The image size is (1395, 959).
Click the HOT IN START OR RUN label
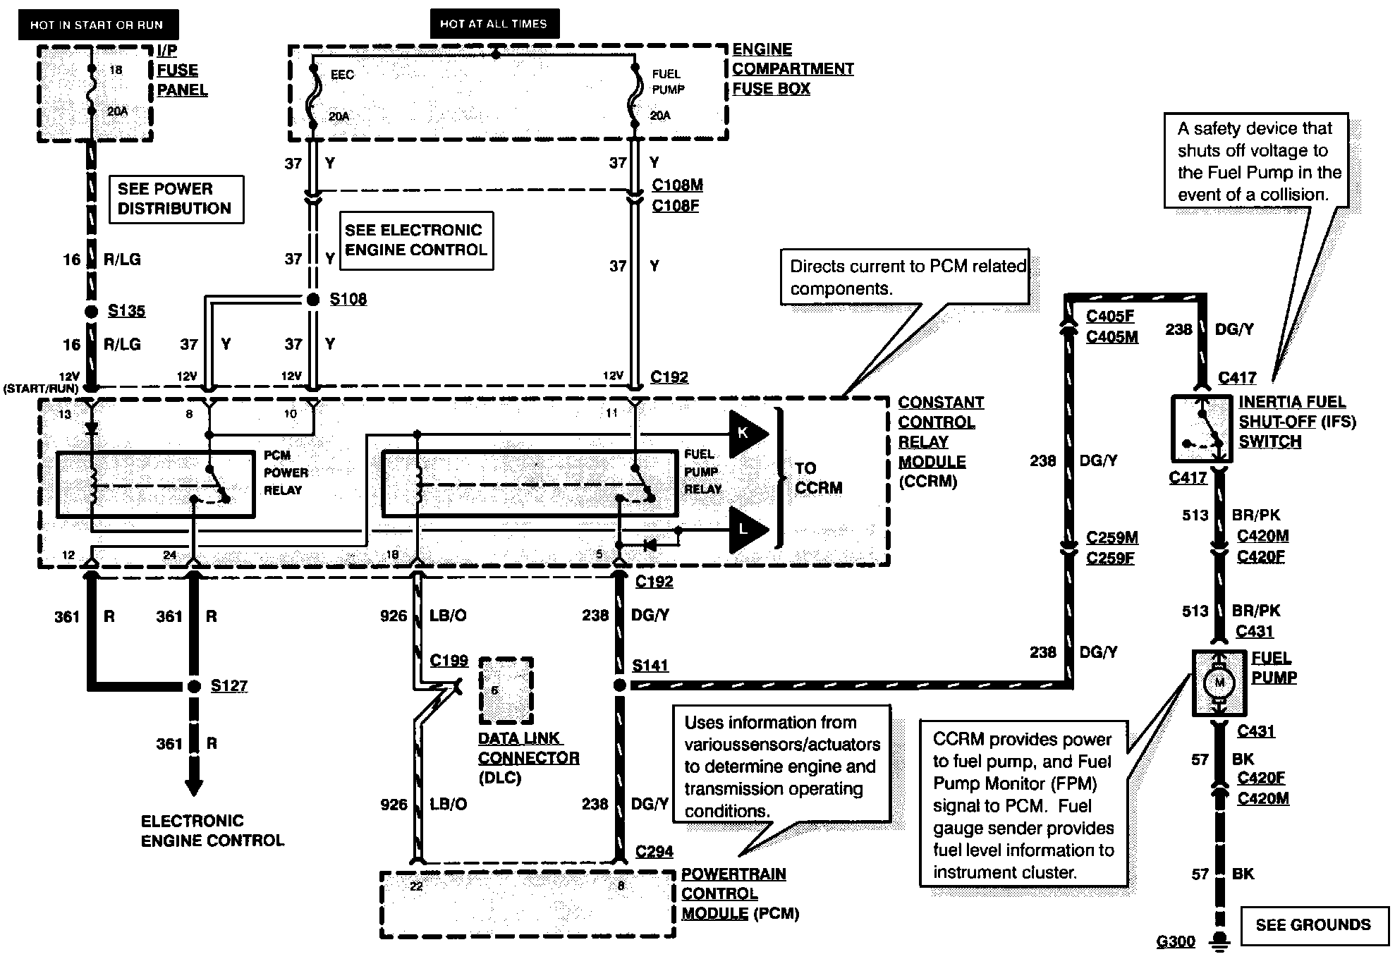click(x=97, y=25)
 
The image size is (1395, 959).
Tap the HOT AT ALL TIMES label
click(x=494, y=23)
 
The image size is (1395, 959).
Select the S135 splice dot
click(x=91, y=311)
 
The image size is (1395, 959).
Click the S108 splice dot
click(x=314, y=300)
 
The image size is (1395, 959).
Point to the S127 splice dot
click(x=194, y=686)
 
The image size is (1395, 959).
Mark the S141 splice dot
click(x=619, y=685)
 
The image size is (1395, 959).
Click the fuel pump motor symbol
click(x=1219, y=683)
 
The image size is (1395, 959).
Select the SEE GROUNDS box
click(x=1314, y=924)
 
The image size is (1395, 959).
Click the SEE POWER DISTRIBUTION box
click(x=176, y=199)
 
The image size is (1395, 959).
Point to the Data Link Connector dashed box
click(x=506, y=691)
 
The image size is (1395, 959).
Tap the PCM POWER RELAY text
click(x=286, y=472)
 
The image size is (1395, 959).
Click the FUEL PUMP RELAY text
click(x=702, y=471)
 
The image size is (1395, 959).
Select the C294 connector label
click(x=654, y=852)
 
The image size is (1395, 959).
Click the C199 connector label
click(x=449, y=661)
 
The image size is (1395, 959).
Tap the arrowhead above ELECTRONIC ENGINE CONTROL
click(x=194, y=788)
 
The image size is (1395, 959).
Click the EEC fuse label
click(x=342, y=75)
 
